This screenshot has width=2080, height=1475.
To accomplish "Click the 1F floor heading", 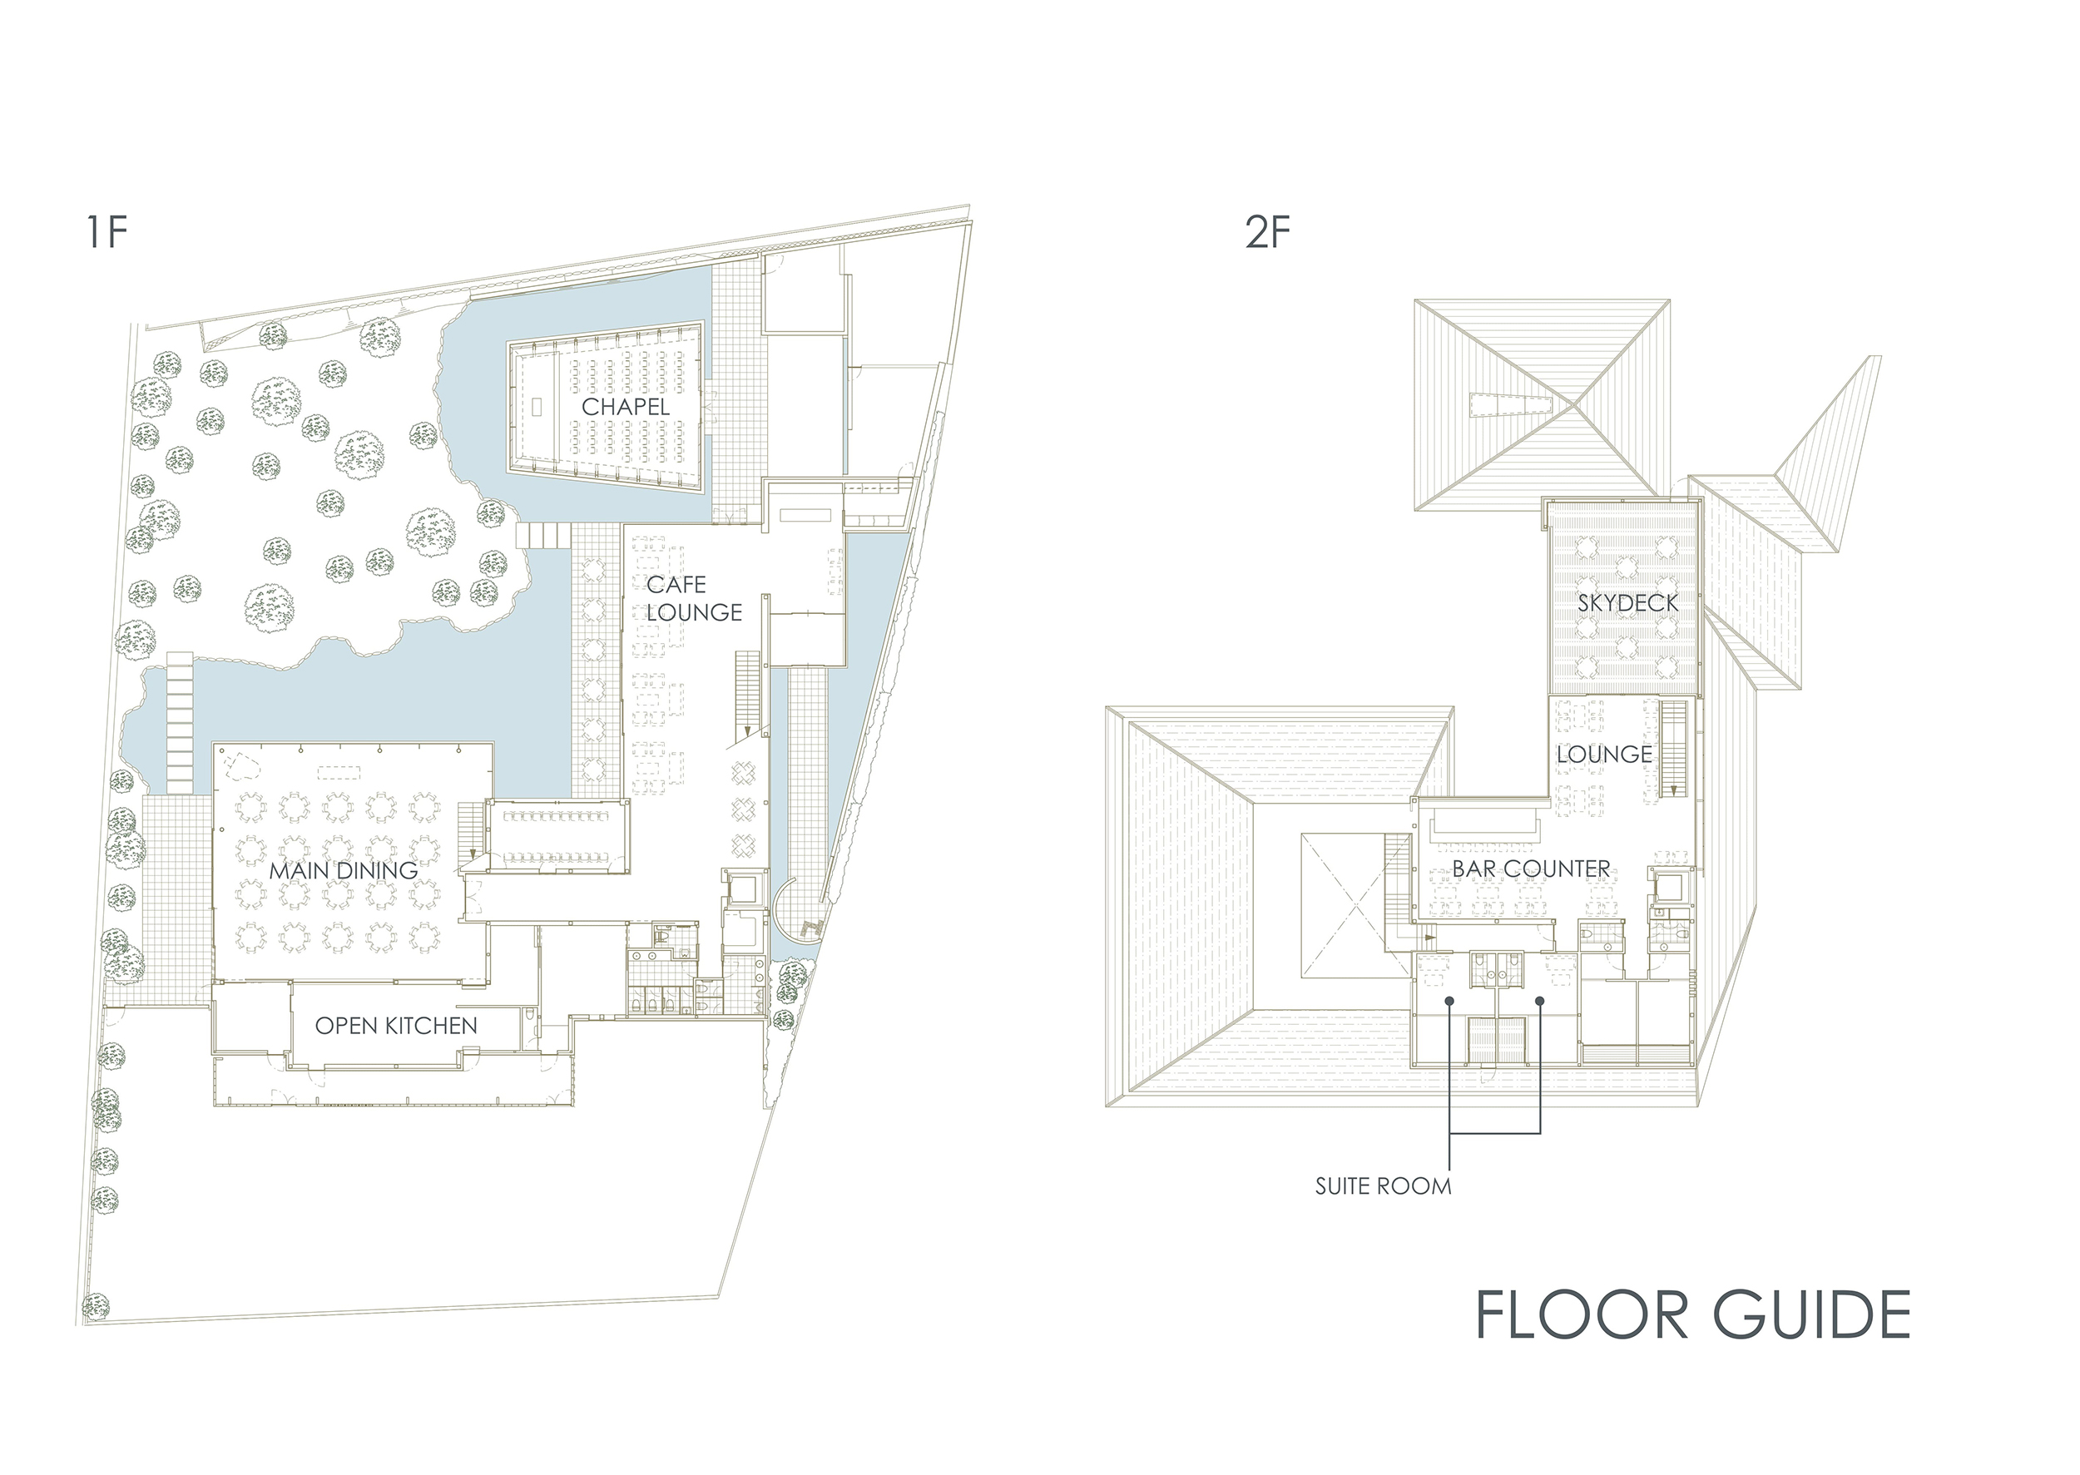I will tap(106, 232).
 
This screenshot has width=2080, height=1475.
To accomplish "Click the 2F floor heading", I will tap(1268, 232).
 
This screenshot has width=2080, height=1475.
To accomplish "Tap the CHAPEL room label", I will tap(625, 407).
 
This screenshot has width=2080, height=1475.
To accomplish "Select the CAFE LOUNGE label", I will tap(694, 598).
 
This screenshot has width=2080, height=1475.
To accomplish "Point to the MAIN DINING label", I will tap(344, 870).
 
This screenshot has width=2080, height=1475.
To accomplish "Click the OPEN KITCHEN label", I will tap(396, 1026).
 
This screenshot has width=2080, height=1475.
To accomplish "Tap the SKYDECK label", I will tap(1627, 602).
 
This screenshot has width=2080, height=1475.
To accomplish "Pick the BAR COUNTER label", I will tap(1531, 869).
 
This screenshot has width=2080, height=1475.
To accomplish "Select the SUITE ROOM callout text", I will tap(1383, 1186).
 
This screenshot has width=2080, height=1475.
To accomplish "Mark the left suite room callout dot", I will tap(1450, 1000).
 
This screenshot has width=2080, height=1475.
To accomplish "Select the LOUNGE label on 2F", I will tap(1604, 755).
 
